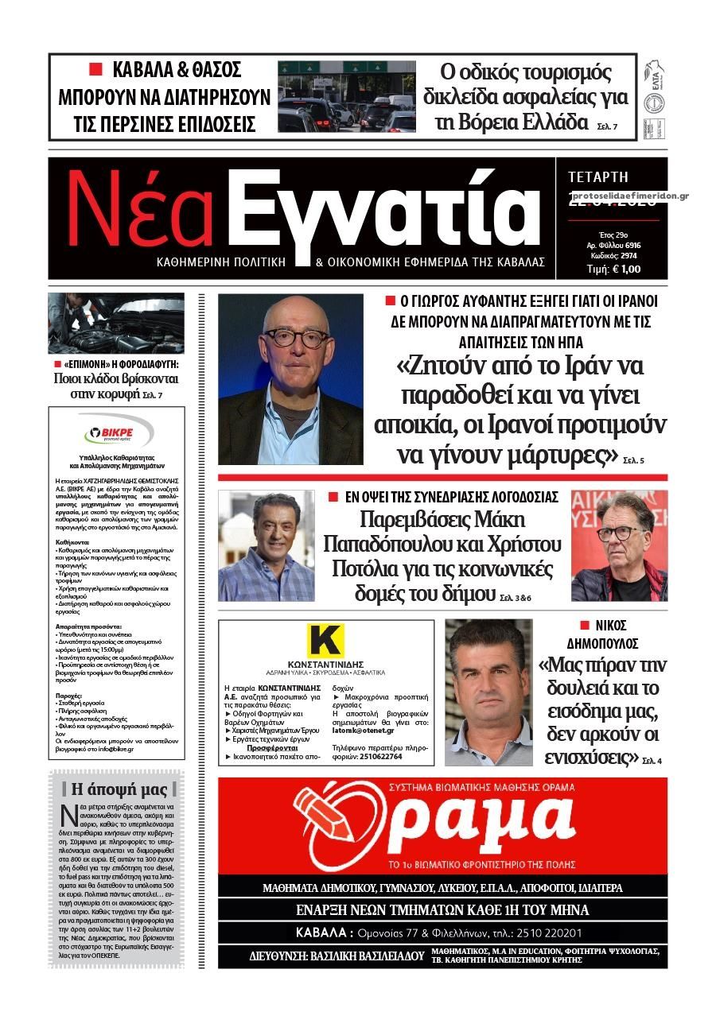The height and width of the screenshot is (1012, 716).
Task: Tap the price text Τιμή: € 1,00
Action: pos(613,269)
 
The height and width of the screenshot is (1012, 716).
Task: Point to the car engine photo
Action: pos(115,322)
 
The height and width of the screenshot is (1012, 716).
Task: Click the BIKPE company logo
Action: pos(116,434)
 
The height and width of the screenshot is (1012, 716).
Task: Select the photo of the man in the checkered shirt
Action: pos(267,545)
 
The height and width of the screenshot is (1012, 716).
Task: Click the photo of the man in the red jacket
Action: pos(619,545)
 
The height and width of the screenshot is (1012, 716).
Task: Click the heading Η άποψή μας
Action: pos(119,789)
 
